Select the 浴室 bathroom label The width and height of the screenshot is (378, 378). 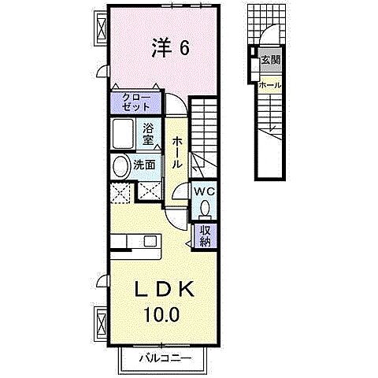point(148,135)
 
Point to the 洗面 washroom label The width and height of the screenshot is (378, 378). point(143,166)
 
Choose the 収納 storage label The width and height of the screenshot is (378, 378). point(204,235)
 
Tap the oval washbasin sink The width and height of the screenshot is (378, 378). point(120,166)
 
